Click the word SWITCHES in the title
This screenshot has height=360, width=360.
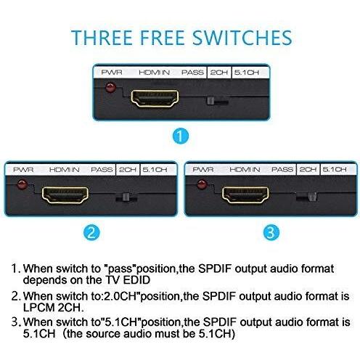[x=242, y=38]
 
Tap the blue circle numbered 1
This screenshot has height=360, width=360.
[x=181, y=136]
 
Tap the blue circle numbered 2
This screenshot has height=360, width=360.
[x=91, y=233]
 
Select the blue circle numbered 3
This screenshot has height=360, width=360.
[x=271, y=232]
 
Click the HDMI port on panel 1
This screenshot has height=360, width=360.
[x=155, y=99]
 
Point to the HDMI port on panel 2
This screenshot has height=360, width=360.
[x=65, y=195]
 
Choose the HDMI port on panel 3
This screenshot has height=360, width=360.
[x=245, y=195]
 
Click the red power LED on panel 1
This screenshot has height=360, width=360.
[x=110, y=88]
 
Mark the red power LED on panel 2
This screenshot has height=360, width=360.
[x=22, y=184]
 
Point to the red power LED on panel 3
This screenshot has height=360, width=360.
[x=202, y=184]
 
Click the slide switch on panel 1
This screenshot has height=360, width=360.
[x=210, y=101]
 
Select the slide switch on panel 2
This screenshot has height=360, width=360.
[x=126, y=197]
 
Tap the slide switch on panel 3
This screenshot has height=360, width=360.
[x=312, y=197]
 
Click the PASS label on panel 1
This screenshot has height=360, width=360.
[x=192, y=73]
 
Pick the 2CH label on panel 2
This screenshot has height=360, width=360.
[x=128, y=170]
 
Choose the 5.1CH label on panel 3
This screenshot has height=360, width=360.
[x=335, y=169]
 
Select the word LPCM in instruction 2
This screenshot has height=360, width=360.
[x=38, y=308]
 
